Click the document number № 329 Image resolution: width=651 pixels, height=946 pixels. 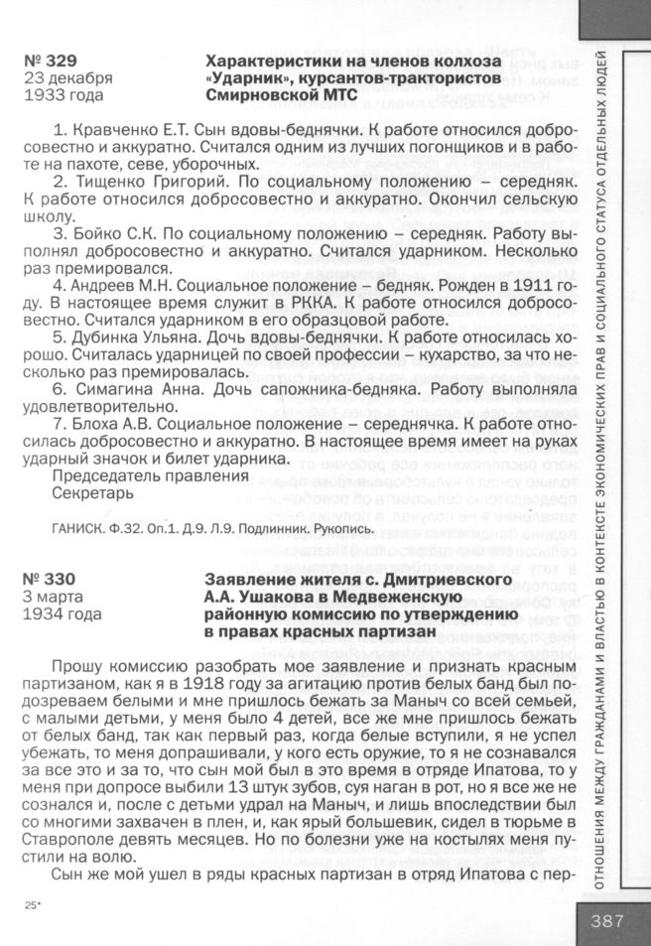(x=51, y=61)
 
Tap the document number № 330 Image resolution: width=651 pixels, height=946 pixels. (x=51, y=579)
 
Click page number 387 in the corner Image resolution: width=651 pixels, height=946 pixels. (x=607, y=920)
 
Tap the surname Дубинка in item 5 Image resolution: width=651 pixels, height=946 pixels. (x=106, y=338)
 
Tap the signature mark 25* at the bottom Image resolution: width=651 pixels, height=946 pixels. (x=30, y=906)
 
